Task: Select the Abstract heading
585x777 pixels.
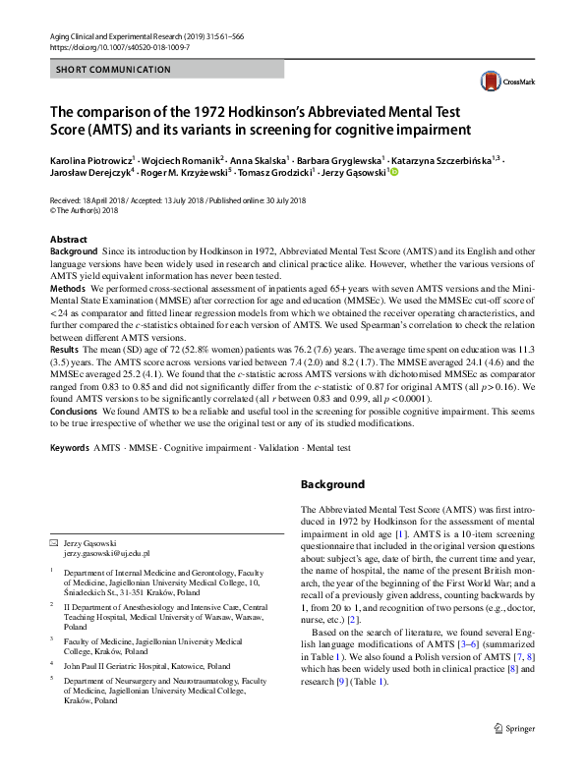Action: pyautogui.click(x=69, y=240)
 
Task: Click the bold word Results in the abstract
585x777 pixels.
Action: pyautogui.click(x=65, y=349)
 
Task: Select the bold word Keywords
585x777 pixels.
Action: pyautogui.click(x=70, y=448)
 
